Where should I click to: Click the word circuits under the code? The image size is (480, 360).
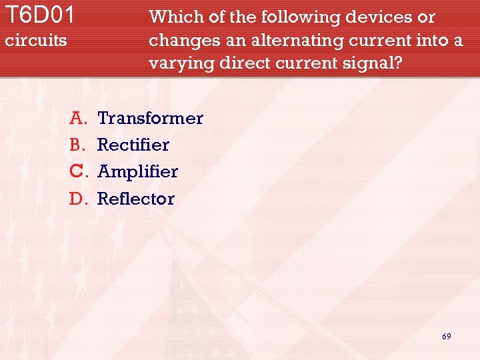pos(36,41)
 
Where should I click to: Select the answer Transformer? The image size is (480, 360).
pos(150,119)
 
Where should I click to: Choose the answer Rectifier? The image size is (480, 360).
pos(133,145)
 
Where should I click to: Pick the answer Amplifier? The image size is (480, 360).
pos(138,171)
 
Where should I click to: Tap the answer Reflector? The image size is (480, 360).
pos(136,199)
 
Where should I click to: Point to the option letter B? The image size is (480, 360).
pos(78,145)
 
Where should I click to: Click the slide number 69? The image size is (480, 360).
pos(446,337)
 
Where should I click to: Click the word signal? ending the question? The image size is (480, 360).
pos(375,64)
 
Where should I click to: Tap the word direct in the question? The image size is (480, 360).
pos(239,64)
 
